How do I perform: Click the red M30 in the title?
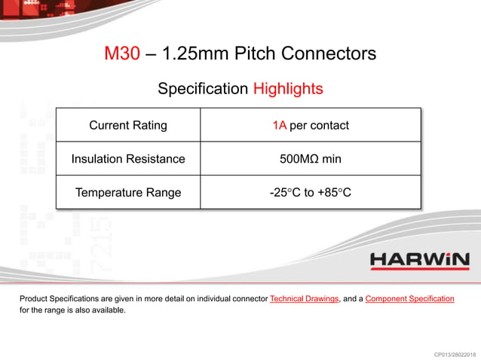pos(122,54)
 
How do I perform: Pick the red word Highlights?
pos(287,89)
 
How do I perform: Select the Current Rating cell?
pos(128,125)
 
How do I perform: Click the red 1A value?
pos(279,125)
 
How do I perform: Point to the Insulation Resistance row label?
pos(128,159)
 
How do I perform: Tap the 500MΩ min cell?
pos(310,159)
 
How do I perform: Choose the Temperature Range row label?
pos(128,193)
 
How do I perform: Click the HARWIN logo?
pos(419,261)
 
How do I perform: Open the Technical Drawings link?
pos(304,299)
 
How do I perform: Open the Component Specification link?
pos(409,299)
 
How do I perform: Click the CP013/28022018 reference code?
pos(450,354)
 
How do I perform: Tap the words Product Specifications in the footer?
pos(57,299)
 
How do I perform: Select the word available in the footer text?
pos(107,310)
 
